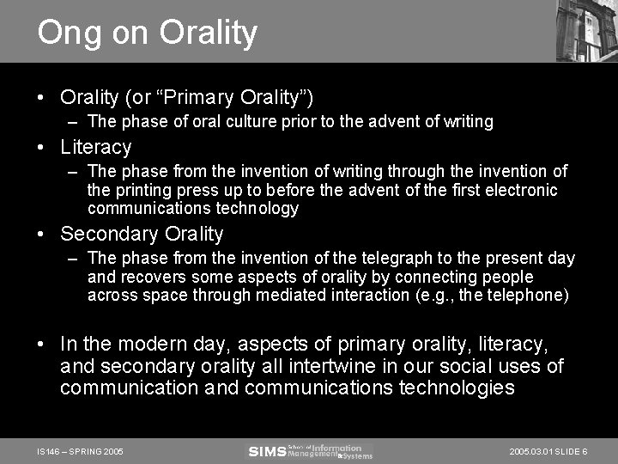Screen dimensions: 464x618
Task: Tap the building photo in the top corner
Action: (586, 31)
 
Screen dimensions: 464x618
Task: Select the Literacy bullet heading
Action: (95, 148)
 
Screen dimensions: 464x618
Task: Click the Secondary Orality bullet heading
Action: (142, 234)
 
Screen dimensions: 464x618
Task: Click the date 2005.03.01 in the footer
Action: (531, 451)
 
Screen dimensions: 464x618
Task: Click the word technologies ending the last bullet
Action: (457, 388)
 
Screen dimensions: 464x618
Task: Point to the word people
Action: (507, 277)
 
